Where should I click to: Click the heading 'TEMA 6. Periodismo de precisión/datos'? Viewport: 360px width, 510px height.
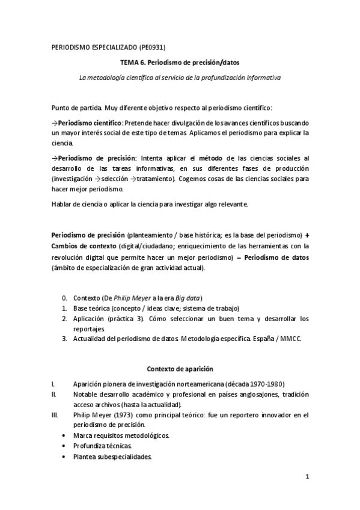click(180, 63)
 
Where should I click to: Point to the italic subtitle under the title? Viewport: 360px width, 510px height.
click(180, 78)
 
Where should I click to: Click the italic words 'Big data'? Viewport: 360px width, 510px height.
click(187, 298)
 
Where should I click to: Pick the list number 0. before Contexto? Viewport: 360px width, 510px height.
click(65, 298)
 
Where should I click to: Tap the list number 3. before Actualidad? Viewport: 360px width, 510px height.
click(65, 339)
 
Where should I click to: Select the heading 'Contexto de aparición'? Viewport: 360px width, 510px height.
click(180, 369)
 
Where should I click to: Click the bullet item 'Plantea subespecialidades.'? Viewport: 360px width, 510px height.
click(112, 456)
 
